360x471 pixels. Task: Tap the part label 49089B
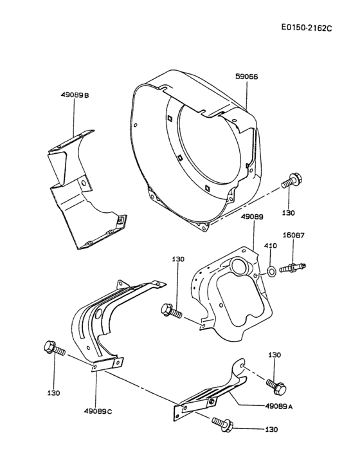(75, 96)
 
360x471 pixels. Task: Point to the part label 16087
(294, 235)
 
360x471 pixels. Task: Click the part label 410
(271, 245)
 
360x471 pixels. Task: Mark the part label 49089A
(278, 406)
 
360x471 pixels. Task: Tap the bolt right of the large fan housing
(291, 181)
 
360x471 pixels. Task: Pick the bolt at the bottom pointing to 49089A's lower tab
(222, 423)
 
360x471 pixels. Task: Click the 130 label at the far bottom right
(273, 429)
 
